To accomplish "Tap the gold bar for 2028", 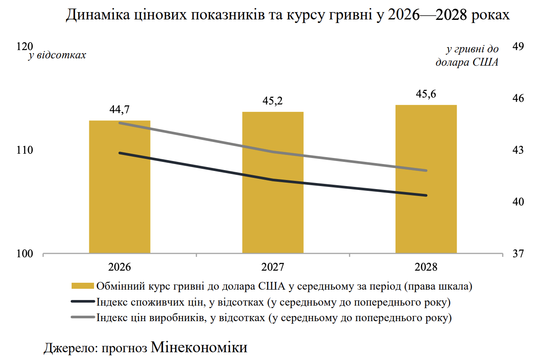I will coord(426,179).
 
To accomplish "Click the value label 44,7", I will coord(119,110).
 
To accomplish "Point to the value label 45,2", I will coord(273,101).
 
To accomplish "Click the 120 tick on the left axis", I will coord(25,47).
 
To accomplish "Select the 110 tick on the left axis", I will coord(25,150).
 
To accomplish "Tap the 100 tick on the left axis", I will coord(25,254).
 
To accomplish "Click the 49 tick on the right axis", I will coord(517,47).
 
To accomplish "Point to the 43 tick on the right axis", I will coord(517,150).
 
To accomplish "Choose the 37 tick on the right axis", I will coord(517,254).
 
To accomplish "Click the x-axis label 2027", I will coord(273,267).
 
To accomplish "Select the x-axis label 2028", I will coord(426,267).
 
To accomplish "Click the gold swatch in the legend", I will coord(82,286).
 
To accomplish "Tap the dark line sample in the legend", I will coord(82,302).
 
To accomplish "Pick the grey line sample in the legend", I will coord(82,318).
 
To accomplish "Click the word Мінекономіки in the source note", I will coord(199,347).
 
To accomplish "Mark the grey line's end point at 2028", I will coord(426,171).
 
